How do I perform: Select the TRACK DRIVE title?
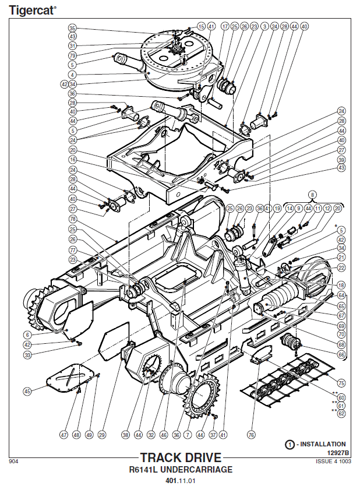tap(180, 457)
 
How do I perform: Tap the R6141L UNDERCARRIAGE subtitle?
tap(180, 469)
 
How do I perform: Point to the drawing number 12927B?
tap(337, 453)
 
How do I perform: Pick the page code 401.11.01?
tap(180, 481)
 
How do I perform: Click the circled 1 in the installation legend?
tap(290, 444)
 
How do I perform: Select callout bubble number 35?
tap(72, 28)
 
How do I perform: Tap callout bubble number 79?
tap(72, 55)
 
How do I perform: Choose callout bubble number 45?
tap(27, 392)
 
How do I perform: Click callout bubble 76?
tap(251, 434)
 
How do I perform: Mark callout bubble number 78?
tap(72, 219)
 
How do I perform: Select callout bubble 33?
tap(27, 354)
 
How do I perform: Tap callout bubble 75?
tap(341, 383)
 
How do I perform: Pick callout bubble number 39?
tap(341, 159)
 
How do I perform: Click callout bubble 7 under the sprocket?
tap(188, 434)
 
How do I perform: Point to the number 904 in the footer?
tap(13, 462)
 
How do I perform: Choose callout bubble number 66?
tap(341, 354)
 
